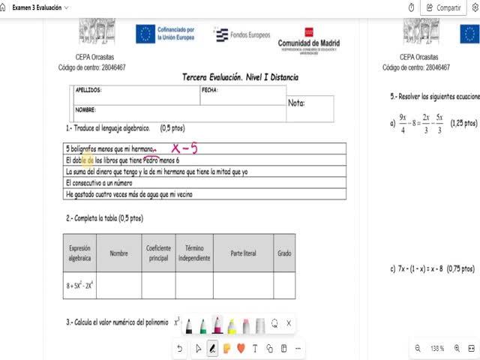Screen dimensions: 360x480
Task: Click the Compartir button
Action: [443, 7]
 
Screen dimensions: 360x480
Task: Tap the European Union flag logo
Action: [145, 34]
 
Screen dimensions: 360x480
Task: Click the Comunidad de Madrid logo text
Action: [308, 44]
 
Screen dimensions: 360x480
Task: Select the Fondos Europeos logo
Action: [242, 34]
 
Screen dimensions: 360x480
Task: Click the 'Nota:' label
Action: [297, 103]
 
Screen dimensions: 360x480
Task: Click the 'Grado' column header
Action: [284, 253]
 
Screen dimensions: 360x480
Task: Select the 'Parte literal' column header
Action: [243, 253]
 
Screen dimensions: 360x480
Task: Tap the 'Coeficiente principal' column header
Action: [157, 253]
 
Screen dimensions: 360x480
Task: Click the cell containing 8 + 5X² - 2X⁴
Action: [79, 285]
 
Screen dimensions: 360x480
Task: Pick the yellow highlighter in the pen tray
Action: [232, 325]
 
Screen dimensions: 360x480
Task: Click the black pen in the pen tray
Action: [189, 325]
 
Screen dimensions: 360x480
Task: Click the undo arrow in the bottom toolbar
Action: [180, 348]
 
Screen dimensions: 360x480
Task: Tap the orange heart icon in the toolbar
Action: [241, 348]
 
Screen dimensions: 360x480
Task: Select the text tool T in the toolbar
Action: [255, 348]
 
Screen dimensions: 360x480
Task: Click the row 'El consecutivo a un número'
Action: [99, 182]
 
